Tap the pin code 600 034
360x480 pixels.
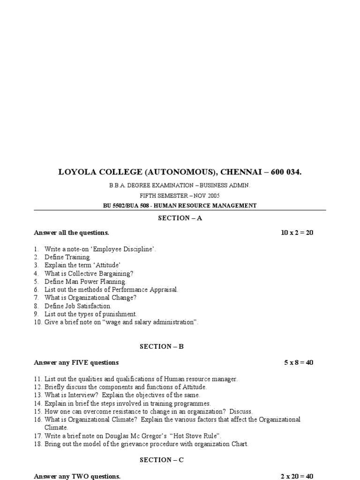pyautogui.click(x=285, y=172)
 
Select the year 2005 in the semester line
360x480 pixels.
pyautogui.click(x=212, y=195)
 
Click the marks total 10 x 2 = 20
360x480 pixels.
pyautogui.click(x=297, y=232)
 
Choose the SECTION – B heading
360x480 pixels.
pyautogui.click(x=162, y=346)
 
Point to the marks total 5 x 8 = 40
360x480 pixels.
pyautogui.click(x=299, y=362)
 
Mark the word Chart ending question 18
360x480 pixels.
pyautogui.click(x=239, y=444)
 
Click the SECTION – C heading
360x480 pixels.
pyautogui.click(x=162, y=460)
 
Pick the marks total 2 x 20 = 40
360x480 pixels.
pyautogui.click(x=297, y=476)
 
